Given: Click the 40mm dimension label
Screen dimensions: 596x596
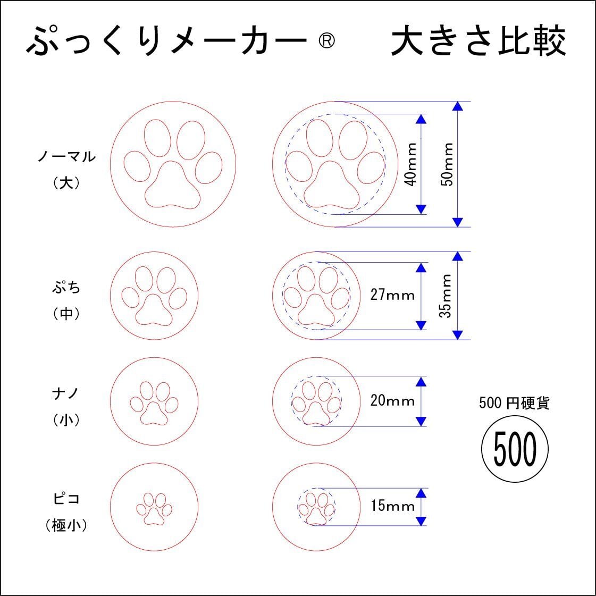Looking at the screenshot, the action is tap(410, 164).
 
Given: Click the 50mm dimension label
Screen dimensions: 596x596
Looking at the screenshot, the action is tap(448, 164).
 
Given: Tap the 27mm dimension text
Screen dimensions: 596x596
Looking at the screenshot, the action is tap(392, 295).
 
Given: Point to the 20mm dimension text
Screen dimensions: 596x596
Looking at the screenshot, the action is tap(392, 400).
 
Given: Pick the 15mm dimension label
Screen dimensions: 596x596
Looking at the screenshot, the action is tap(392, 506).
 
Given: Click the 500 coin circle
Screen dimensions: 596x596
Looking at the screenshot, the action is tap(515, 449).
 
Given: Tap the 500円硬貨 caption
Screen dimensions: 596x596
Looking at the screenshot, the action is tap(514, 404).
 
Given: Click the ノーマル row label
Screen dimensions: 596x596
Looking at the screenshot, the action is tap(66, 157).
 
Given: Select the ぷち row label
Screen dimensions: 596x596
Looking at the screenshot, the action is tap(66, 288).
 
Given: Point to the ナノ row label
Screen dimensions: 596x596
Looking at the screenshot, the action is tap(66, 393).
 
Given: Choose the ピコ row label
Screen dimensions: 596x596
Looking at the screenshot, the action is tap(66, 499).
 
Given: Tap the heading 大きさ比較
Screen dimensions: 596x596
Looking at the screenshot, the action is tap(478, 41).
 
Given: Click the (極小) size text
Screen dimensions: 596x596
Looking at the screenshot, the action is tap(66, 526).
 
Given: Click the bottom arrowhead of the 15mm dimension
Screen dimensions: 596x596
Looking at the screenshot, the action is tap(421, 521).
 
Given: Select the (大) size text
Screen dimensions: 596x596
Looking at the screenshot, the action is tap(66, 183).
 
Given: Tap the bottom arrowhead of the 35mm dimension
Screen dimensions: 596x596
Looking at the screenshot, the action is tap(458, 335).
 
